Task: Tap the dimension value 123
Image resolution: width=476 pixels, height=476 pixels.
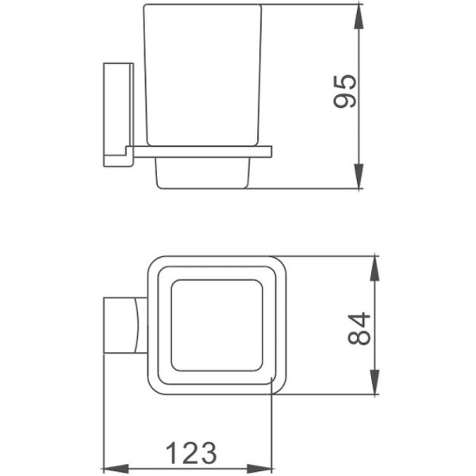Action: (190, 453)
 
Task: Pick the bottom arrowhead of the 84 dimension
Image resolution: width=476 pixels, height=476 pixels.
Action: (372, 385)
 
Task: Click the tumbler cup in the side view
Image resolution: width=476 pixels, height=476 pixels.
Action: (202, 75)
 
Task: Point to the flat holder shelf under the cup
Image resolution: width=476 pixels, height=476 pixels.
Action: (202, 151)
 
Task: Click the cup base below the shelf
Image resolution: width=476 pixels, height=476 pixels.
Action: (203, 172)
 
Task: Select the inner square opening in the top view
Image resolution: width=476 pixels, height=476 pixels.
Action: (216, 325)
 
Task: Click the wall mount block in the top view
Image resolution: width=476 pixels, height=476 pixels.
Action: (123, 325)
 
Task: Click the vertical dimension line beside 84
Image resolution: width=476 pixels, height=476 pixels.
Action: (372, 325)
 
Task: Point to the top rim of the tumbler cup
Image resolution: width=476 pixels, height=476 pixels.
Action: (202, 6)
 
